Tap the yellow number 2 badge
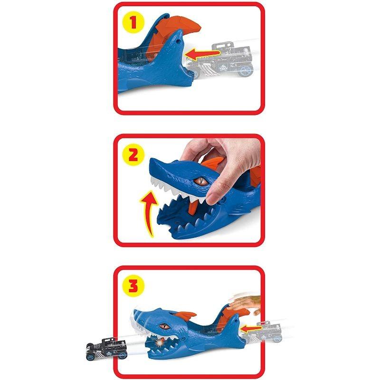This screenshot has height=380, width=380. pyautogui.click(x=133, y=155)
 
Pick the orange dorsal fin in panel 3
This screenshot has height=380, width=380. pyautogui.click(x=187, y=316)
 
